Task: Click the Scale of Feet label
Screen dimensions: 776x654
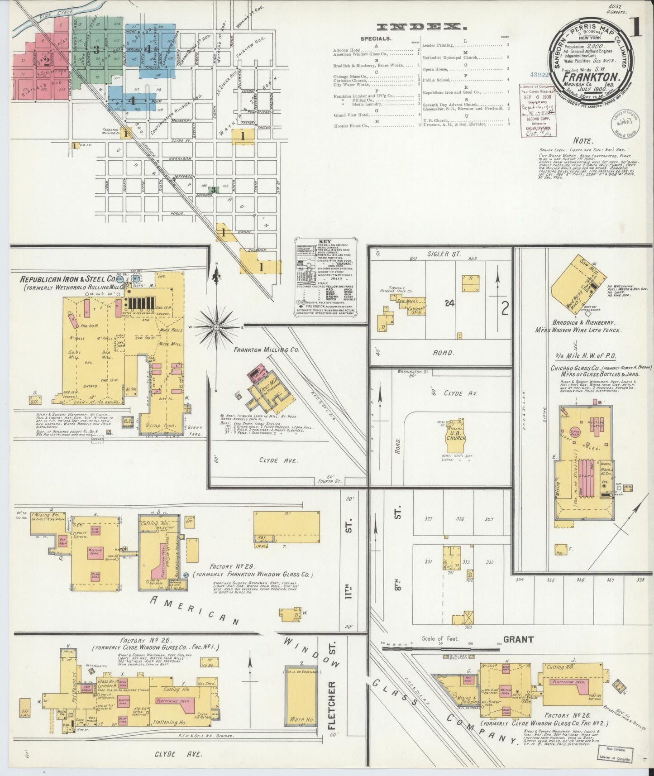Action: tap(441, 639)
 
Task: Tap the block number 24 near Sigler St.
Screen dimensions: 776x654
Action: tap(449, 303)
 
